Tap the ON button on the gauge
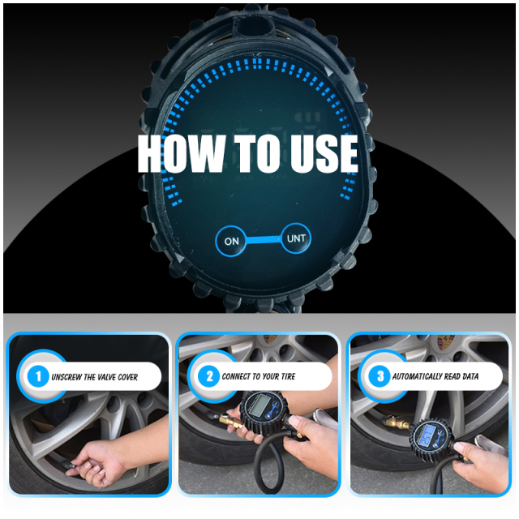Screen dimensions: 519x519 pyautogui.click(x=232, y=241)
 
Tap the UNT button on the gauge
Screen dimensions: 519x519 pyautogui.click(x=295, y=239)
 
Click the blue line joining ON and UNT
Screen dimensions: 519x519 pyautogui.click(x=264, y=240)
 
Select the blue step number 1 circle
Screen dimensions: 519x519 pyautogui.click(x=36, y=376)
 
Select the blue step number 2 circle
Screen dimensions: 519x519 pyautogui.click(x=208, y=376)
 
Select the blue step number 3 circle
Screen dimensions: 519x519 pyautogui.click(x=379, y=376)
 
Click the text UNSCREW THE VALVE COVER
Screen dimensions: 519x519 pyautogui.click(x=94, y=377)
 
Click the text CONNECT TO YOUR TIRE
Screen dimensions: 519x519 pyautogui.click(x=264, y=377)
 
